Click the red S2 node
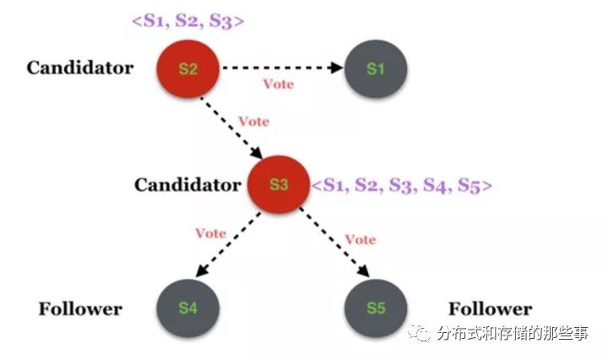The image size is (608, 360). pyautogui.click(x=188, y=68)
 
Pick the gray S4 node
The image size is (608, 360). pyautogui.click(x=187, y=308)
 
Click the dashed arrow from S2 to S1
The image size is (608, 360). pyautogui.click(x=282, y=68)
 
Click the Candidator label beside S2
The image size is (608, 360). pyautogui.click(x=79, y=68)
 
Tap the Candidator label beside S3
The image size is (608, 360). pyautogui.click(x=187, y=183)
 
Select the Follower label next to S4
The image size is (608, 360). pyautogui.click(x=80, y=308)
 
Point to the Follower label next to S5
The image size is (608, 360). pyautogui.click(x=490, y=308)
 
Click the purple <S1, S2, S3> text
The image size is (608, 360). pyautogui.click(x=187, y=20)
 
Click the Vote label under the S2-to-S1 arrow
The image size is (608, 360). pyautogui.click(x=279, y=85)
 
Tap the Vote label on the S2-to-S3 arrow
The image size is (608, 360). pyautogui.click(x=253, y=121)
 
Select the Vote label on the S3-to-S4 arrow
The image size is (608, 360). pyautogui.click(x=210, y=232)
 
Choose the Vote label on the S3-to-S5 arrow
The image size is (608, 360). pyautogui.click(x=360, y=239)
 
